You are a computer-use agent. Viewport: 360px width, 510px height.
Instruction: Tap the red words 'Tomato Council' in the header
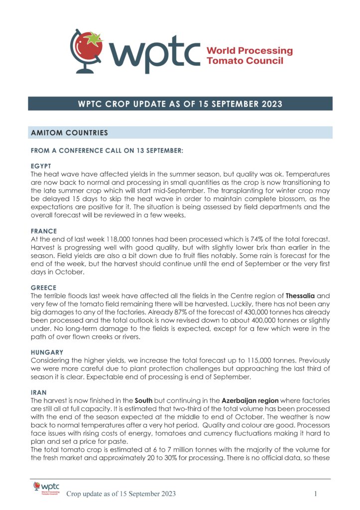tap(245, 61)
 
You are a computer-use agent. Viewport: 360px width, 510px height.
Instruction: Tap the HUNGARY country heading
tap(47, 352)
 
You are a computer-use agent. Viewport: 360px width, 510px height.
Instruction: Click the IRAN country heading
tap(38, 392)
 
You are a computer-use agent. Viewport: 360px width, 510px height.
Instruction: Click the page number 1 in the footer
tap(316, 494)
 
